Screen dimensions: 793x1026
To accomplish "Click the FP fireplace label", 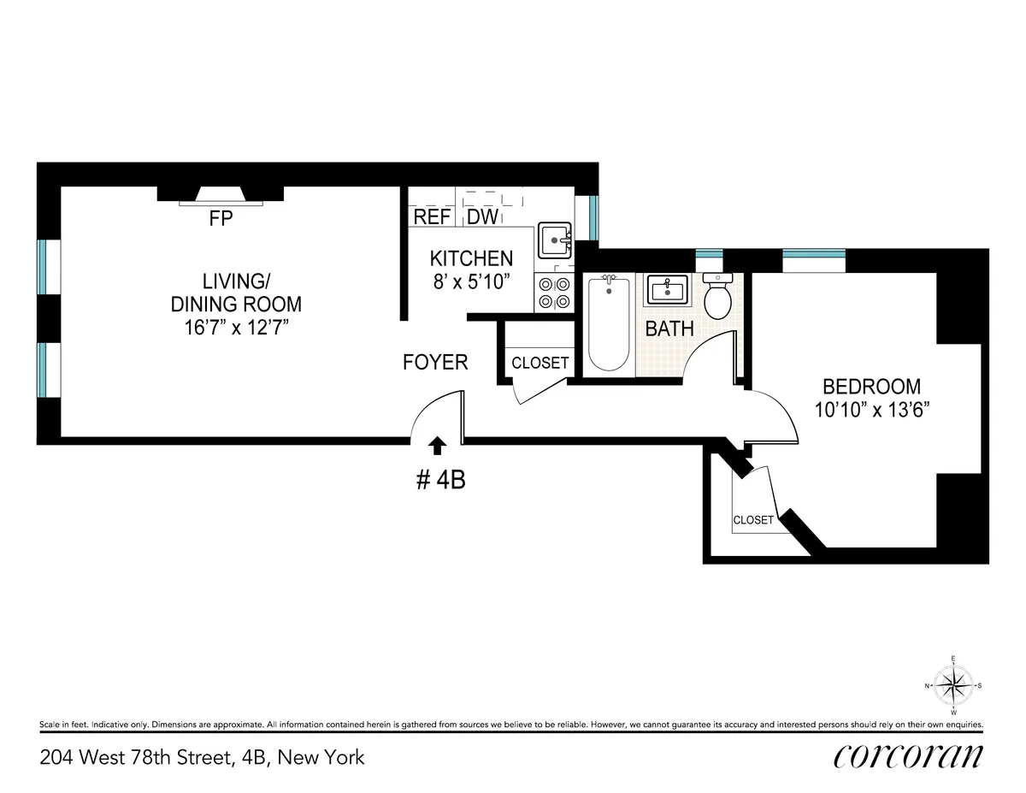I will coord(221,219).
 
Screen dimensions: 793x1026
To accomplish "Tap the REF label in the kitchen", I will coord(432,217).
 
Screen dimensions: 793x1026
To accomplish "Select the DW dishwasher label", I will coord(482,217).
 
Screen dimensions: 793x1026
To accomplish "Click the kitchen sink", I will coord(554,240).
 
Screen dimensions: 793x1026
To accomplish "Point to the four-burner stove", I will coord(554,293).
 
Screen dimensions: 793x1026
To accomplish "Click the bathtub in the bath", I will coord(608,323).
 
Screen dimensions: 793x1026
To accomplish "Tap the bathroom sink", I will coord(668,290).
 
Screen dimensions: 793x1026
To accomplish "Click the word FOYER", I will coord(435,363).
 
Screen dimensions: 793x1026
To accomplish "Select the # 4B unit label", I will coord(440,481).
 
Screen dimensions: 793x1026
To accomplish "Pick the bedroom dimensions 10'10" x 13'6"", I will coord(871,410).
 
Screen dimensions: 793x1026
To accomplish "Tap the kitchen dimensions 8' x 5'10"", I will coord(471,281).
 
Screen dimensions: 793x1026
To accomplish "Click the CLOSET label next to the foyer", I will coord(540,363).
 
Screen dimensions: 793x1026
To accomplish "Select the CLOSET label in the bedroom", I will coord(753,520).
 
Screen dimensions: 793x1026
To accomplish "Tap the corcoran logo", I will coord(907,756).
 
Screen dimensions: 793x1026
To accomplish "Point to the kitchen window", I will coord(592,218).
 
